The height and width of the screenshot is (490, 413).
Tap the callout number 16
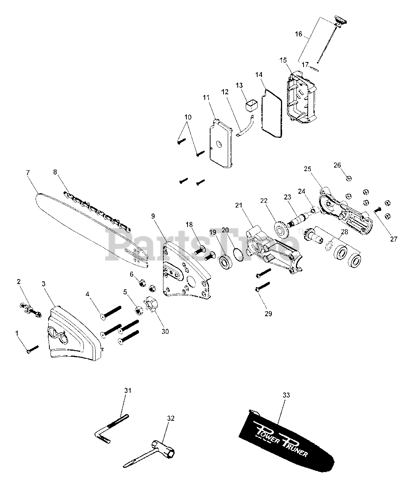(x=299, y=34)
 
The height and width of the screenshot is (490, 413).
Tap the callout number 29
(x=268, y=314)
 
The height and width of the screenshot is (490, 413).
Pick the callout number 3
(x=43, y=284)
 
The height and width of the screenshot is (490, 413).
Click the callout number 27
(x=394, y=239)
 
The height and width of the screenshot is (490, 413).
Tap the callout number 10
(x=188, y=117)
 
